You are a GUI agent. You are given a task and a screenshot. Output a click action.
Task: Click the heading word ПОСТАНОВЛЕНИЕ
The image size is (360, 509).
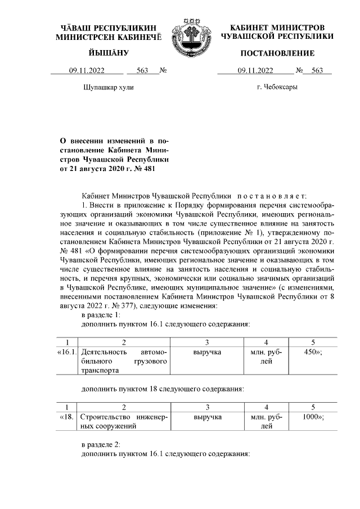(277, 53)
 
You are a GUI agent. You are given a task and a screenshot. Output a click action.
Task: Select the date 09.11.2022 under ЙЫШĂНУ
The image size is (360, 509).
(87, 71)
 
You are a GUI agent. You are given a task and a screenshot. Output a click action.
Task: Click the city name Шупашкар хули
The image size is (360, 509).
(109, 88)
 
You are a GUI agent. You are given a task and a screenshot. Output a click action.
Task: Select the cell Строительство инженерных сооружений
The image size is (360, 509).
(124, 422)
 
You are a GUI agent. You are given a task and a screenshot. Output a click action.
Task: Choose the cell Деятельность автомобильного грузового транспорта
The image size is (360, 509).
(124, 361)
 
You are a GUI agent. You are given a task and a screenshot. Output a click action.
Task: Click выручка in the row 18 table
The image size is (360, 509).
(207, 417)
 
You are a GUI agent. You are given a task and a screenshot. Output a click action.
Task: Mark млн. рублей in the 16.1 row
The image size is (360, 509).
(266, 357)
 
